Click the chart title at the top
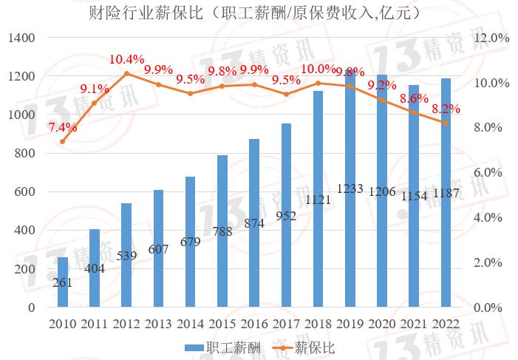259,13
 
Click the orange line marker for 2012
126,73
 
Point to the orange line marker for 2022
446,123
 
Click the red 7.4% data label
63,127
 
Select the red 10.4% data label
126,58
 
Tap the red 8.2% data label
446,109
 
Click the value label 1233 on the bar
350,189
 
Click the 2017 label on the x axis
286,323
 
